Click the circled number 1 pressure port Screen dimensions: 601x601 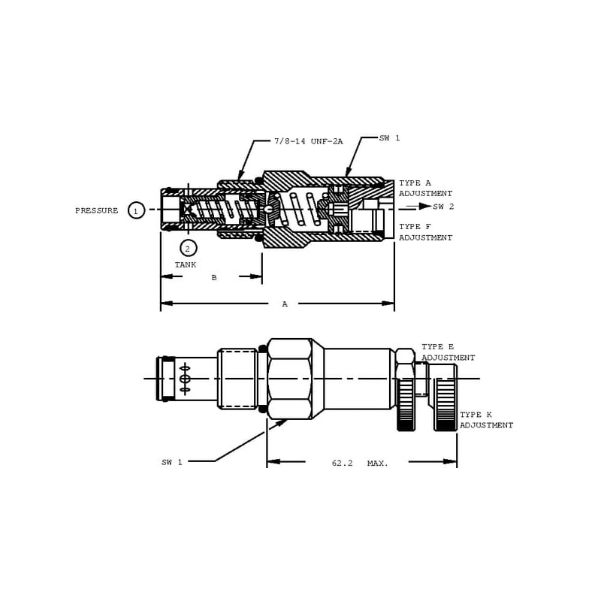point(136,210)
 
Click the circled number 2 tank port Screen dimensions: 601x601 point(188,249)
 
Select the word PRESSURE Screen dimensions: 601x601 point(97,210)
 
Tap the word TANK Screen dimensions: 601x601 point(186,265)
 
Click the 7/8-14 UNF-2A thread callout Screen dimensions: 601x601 point(309,141)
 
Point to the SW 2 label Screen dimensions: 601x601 point(443,207)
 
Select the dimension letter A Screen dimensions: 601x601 point(285,304)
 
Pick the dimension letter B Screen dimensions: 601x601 point(214,277)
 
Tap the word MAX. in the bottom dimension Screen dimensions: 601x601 point(378,463)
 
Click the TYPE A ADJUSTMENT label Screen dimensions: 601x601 point(425,189)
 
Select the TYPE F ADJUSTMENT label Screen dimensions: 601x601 point(425,232)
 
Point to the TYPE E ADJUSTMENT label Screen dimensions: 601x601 point(448,352)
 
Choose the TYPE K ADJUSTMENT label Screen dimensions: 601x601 point(486,420)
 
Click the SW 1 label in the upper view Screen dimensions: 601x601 point(389,138)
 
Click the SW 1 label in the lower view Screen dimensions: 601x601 point(172,463)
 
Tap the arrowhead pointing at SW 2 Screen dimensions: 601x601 point(424,206)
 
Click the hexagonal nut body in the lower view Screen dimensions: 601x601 point(289,379)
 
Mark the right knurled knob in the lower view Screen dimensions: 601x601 point(445,398)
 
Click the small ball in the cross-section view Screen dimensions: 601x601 point(270,209)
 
